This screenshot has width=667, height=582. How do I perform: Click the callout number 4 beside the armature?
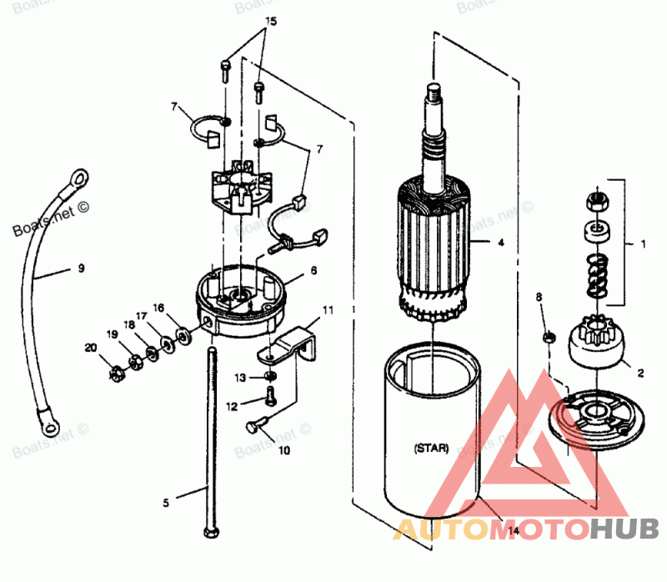pos(500,243)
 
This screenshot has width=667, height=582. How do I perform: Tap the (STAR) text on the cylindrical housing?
pos(430,448)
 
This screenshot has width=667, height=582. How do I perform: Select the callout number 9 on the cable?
pos(81,269)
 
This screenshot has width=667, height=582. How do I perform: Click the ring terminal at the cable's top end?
pos(79,177)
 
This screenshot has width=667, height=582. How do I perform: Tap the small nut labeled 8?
pos(549,337)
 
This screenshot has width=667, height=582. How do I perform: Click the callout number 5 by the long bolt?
pos(165,502)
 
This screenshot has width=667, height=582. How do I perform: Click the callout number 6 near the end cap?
pos(313,271)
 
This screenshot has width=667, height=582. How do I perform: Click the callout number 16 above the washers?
pos(158,308)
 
